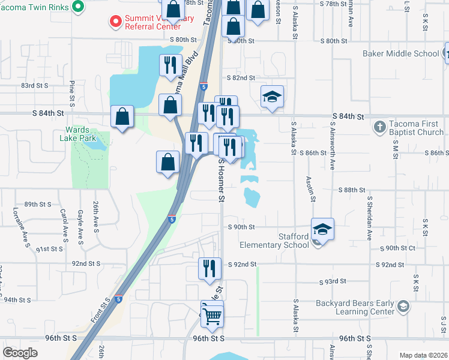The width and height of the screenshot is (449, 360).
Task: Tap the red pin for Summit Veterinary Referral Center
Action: point(115,22)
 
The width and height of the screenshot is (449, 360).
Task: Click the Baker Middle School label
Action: point(400,53)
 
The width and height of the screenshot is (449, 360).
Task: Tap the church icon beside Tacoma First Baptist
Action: point(379,127)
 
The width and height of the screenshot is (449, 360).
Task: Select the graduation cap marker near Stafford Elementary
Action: point(322,230)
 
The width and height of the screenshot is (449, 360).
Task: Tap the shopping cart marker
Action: point(211,314)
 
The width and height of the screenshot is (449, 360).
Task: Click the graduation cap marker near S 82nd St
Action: point(272,97)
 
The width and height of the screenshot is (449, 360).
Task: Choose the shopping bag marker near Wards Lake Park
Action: point(122,118)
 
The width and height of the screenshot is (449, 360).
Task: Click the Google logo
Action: point(20,353)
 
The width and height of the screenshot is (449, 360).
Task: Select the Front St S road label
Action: point(101,310)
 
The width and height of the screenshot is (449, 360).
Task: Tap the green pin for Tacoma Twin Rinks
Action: point(77,7)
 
